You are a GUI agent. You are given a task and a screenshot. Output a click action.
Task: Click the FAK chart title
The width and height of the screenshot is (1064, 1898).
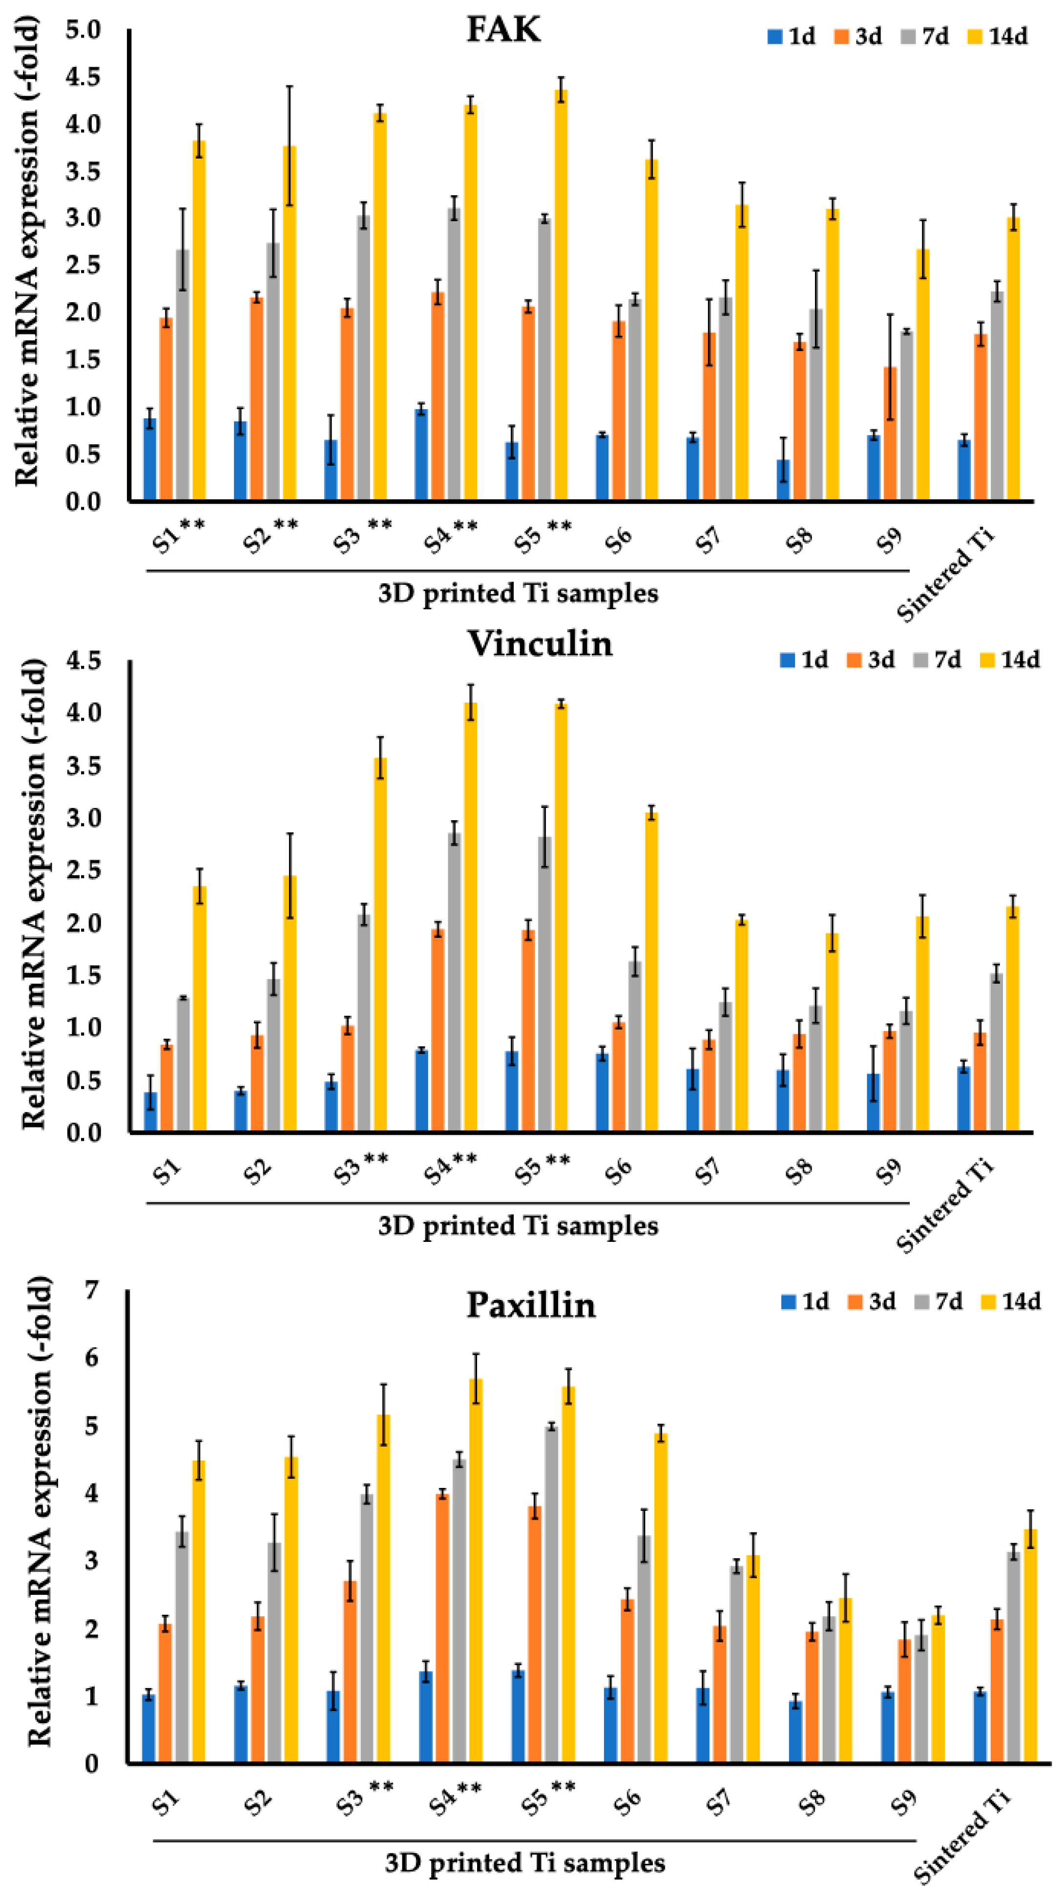coord(503,31)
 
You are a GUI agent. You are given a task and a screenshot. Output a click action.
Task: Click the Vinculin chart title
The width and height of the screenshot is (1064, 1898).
coord(540,644)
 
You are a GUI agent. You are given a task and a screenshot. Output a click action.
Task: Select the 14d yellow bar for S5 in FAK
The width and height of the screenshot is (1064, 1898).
coord(561,295)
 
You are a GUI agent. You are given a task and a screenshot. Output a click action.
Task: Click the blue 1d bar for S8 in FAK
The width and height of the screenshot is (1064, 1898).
coord(783,480)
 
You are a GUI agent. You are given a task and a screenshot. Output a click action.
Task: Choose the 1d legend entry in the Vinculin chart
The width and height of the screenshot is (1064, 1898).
coord(805,660)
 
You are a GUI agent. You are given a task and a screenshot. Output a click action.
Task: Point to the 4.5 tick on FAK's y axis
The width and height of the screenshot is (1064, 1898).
coord(83,77)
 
